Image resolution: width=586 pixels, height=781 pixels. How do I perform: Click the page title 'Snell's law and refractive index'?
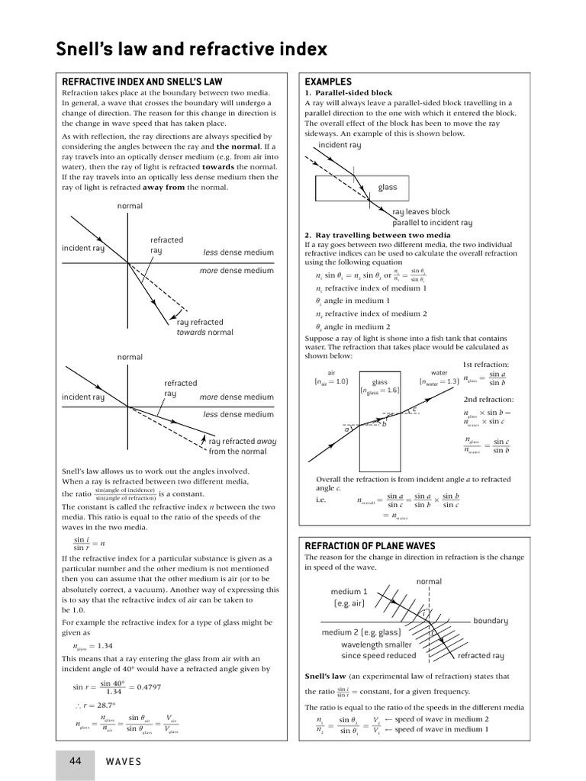point(192,50)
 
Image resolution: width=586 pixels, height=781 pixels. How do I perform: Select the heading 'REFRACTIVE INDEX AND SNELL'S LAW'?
point(141,82)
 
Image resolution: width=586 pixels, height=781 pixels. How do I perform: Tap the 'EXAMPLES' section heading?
point(328,82)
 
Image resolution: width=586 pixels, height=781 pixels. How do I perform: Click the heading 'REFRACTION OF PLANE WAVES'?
point(369,545)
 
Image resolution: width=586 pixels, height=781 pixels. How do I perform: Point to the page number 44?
point(76,761)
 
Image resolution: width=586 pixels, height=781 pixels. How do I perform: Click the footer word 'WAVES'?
point(123,762)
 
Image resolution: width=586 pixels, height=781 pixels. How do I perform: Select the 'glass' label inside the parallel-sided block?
point(388,187)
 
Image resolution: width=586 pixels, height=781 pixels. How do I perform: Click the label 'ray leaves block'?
point(421,212)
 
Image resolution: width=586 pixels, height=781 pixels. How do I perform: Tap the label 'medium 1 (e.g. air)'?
point(349,597)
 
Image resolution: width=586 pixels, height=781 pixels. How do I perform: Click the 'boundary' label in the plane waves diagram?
point(490,621)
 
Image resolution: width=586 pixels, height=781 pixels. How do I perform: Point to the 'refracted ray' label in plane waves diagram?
point(480,655)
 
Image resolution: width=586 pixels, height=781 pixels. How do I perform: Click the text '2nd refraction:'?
point(488,399)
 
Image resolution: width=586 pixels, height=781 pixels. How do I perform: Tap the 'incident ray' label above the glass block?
point(340,145)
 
